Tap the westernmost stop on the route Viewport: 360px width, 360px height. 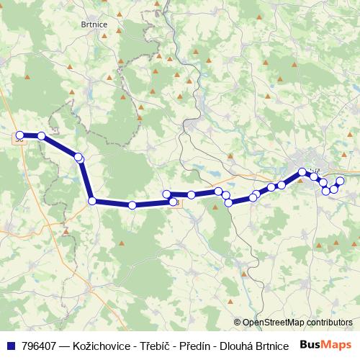[x=20, y=135]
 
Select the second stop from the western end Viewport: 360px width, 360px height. [x=42, y=135]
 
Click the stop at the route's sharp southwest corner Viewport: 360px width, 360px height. [x=92, y=201]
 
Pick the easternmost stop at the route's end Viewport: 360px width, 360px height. [x=341, y=180]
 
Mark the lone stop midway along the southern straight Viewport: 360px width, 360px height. [x=132, y=205]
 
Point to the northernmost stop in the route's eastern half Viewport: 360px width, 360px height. [x=302, y=172]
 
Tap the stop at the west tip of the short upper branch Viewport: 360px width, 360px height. [x=166, y=194]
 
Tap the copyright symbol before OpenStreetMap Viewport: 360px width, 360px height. [x=238, y=323]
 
